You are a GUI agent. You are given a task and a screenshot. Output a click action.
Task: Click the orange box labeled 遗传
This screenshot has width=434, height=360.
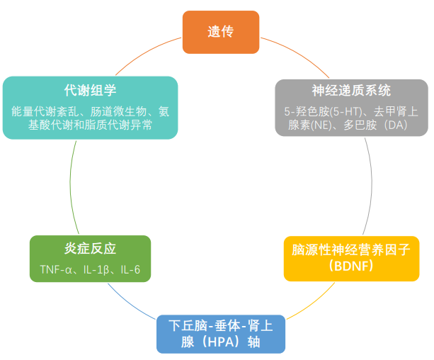click(220, 32)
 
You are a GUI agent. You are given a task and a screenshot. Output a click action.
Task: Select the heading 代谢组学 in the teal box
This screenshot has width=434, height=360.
click(90, 91)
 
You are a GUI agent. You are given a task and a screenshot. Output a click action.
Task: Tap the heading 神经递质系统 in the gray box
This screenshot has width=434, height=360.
click(351, 91)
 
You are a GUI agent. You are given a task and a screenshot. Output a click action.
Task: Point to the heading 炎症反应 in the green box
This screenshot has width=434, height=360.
click(90, 249)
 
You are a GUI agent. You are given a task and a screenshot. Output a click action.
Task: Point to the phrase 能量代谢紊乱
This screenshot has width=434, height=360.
click(44, 111)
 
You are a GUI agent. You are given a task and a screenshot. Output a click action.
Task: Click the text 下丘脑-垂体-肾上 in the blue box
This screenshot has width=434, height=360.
click(220, 326)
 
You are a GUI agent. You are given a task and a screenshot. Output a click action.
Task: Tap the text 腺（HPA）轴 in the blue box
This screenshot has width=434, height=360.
click(220, 342)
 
